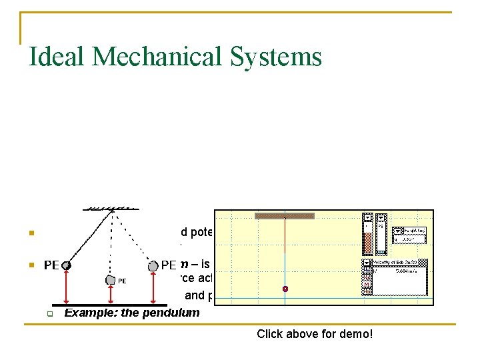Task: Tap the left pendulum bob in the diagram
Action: point(67,265)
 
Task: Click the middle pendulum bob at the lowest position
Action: point(110,280)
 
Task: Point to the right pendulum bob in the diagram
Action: point(154,265)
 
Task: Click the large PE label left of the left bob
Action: point(51,265)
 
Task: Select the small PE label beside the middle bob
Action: point(123,281)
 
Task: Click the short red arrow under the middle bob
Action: point(110,294)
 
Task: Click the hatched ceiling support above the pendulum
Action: point(111,207)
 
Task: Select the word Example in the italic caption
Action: point(87,313)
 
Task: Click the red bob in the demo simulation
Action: point(285,289)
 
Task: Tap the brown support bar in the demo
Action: point(285,216)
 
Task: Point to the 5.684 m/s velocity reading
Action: point(407,271)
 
